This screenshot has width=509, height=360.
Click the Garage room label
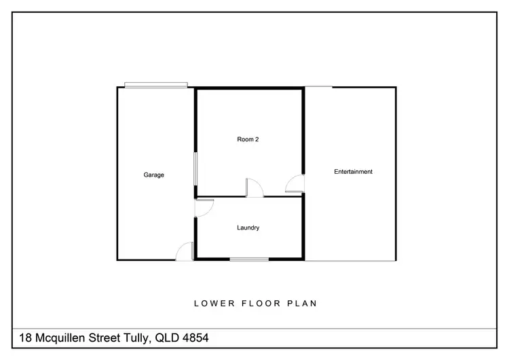[x=153, y=175]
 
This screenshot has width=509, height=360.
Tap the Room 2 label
[x=248, y=140]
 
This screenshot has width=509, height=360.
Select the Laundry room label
[x=248, y=228]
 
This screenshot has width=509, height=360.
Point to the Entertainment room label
[x=353, y=172]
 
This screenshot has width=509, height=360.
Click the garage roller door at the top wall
[x=156, y=86]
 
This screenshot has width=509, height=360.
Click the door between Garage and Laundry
[x=203, y=207]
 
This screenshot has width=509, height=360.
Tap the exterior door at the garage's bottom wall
[x=184, y=252]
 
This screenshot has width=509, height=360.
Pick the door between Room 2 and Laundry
[x=253, y=187]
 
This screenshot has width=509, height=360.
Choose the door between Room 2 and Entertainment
[x=296, y=183]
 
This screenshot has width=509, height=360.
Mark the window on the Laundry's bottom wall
[x=248, y=259]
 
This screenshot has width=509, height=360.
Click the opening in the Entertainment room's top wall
[x=318, y=87]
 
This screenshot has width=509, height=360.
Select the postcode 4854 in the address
[x=202, y=338]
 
